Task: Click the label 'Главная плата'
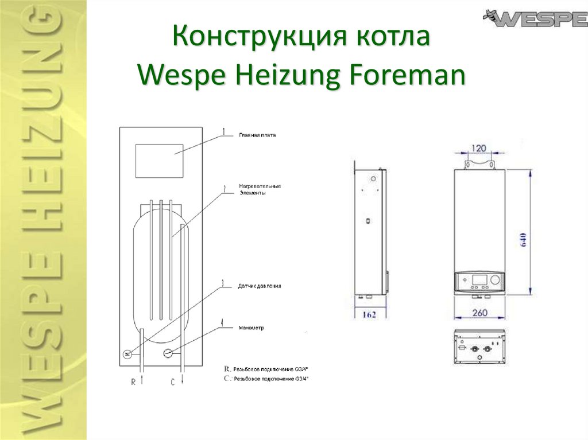[257, 136]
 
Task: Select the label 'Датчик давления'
[260, 286]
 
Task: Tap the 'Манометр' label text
[251, 328]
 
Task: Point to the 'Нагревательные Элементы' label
[260, 190]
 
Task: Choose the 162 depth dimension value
[370, 314]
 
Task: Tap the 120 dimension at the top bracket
[479, 149]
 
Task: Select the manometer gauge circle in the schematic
[168, 353]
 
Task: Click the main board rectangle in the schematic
[159, 161]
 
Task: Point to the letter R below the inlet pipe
[133, 383]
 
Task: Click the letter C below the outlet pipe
[172, 383]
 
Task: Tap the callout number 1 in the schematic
[223, 131]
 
